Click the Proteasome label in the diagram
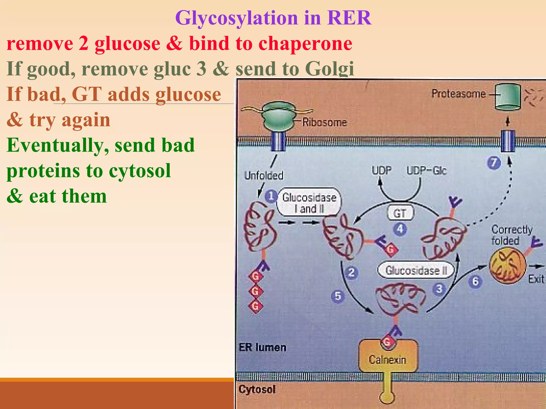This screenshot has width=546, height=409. pyautogui.click(x=459, y=94)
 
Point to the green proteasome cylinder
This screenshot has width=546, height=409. pyautogui.click(x=508, y=97)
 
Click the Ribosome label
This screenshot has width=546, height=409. pyautogui.click(x=324, y=122)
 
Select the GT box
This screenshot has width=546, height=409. pyautogui.click(x=400, y=213)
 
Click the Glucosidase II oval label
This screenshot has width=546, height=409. pyautogui.click(x=416, y=271)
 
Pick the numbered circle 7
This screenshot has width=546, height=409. pyautogui.click(x=494, y=163)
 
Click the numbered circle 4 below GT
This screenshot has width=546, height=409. pyautogui.click(x=400, y=229)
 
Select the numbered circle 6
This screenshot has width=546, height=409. pyautogui.click(x=475, y=282)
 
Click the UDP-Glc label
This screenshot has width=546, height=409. pyautogui.click(x=426, y=170)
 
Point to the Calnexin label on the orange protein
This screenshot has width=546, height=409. pyautogui.click(x=387, y=360)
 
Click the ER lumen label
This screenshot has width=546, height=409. pyautogui.click(x=263, y=347)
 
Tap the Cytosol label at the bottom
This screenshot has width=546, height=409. pyautogui.click(x=257, y=390)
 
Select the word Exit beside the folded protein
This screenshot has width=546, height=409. pyautogui.click(x=536, y=279)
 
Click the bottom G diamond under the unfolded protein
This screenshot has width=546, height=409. pyautogui.click(x=256, y=306)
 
